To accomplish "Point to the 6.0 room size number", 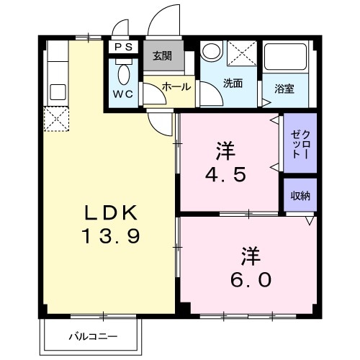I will (250, 279).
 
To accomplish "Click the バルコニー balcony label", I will (94, 336).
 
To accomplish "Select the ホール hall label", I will (176, 86).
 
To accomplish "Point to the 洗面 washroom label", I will (232, 83).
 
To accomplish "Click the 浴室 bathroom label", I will (284, 89).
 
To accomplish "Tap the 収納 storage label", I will (300, 194).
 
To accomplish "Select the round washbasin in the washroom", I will (212, 52).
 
